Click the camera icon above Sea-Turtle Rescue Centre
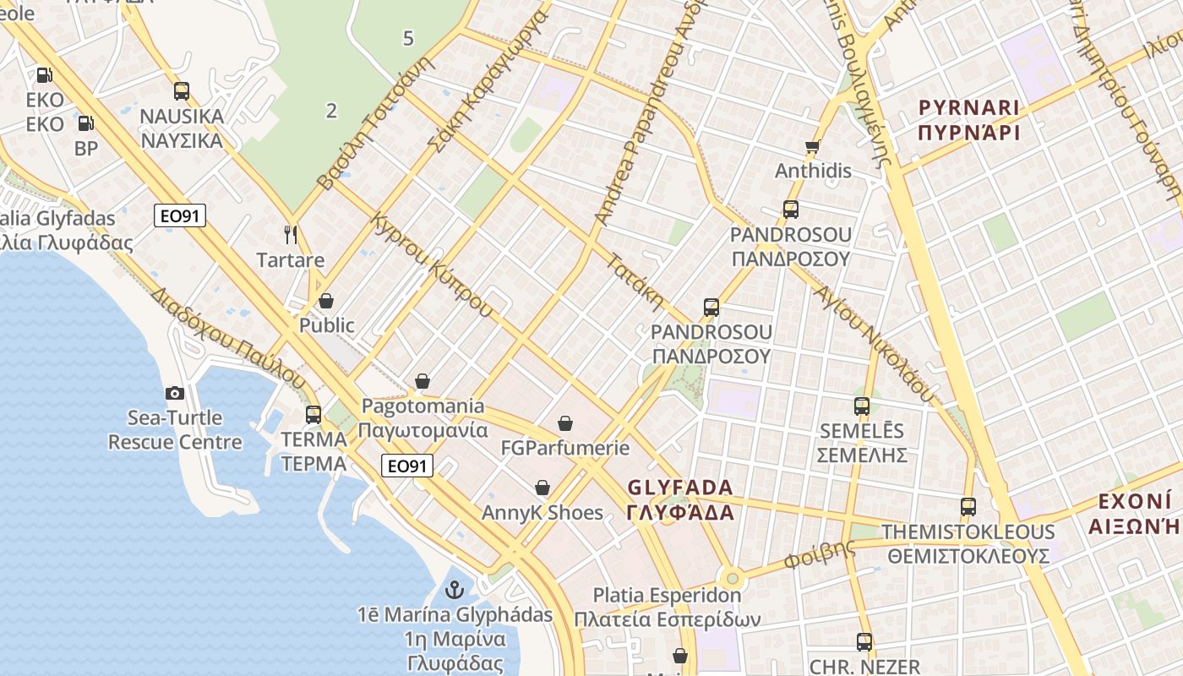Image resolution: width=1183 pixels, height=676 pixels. click(175, 393)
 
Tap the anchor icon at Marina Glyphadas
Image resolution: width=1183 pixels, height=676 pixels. click(455, 589)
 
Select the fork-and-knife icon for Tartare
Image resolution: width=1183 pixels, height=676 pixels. click(291, 234)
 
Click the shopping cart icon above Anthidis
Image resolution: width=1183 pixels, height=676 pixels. click(813, 146)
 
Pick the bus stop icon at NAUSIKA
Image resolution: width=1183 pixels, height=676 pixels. click(182, 91)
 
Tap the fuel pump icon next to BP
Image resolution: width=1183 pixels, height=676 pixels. click(85, 123)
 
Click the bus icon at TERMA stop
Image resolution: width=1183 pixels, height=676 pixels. click(313, 415)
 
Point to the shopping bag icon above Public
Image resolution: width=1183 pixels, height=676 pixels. click(326, 301)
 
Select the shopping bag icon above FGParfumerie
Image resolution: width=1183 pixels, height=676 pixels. click(564, 423)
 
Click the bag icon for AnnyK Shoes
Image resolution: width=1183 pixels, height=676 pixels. click(542, 488)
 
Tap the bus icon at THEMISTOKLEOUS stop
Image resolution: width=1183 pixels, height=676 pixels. click(968, 507)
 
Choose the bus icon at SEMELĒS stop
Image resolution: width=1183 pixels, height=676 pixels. click(862, 406)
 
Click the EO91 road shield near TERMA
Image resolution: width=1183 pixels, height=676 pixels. click(407, 466)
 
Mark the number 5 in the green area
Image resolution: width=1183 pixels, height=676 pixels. click(409, 38)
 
